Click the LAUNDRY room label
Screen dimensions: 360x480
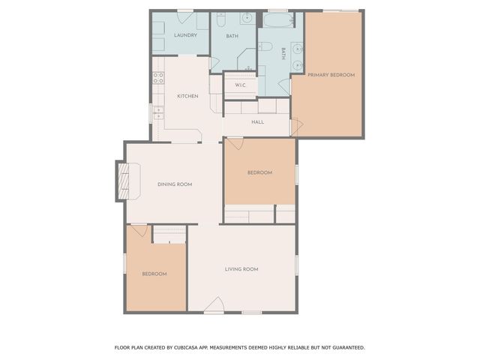pos(185,35)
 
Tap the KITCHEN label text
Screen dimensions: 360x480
pos(187,96)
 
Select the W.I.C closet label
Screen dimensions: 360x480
pos(241,85)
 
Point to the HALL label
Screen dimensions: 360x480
pos(257,121)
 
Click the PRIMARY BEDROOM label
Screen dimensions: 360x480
pos(331,75)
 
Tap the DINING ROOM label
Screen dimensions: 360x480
pos(175,184)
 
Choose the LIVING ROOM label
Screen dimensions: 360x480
pos(241,269)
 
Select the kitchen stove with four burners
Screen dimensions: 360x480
pos(158,76)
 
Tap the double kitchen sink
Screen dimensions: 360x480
pos(158,112)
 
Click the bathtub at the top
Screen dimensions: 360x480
pos(280,19)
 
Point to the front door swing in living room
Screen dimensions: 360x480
pos(214,305)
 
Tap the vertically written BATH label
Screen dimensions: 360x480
pos(283,53)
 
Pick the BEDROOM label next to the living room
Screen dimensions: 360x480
pos(154,274)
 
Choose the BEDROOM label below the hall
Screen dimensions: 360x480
pos(259,172)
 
